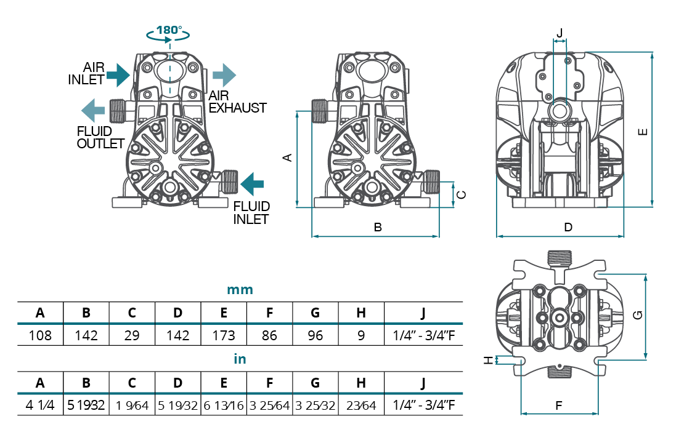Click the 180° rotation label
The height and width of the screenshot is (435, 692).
point(168,30)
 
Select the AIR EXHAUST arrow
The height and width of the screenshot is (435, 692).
point(225,75)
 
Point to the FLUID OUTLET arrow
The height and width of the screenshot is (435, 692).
point(92,111)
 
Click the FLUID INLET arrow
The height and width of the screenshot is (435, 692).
point(252,184)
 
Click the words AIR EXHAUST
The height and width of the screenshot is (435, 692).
point(237,102)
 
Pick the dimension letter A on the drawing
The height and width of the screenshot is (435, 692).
point(287,158)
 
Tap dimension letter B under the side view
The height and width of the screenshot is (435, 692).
point(378,227)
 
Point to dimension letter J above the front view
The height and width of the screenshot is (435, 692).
point(560,32)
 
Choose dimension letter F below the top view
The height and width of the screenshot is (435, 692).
point(559,406)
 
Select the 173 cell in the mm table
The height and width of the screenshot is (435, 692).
point(224,335)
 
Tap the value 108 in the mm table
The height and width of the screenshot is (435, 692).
point(40,335)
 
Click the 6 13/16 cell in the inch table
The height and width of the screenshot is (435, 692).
point(224,405)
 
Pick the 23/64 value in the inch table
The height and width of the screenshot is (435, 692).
point(361,405)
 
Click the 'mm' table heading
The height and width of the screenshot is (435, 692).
point(240,290)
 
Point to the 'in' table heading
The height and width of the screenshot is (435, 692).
point(240,359)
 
